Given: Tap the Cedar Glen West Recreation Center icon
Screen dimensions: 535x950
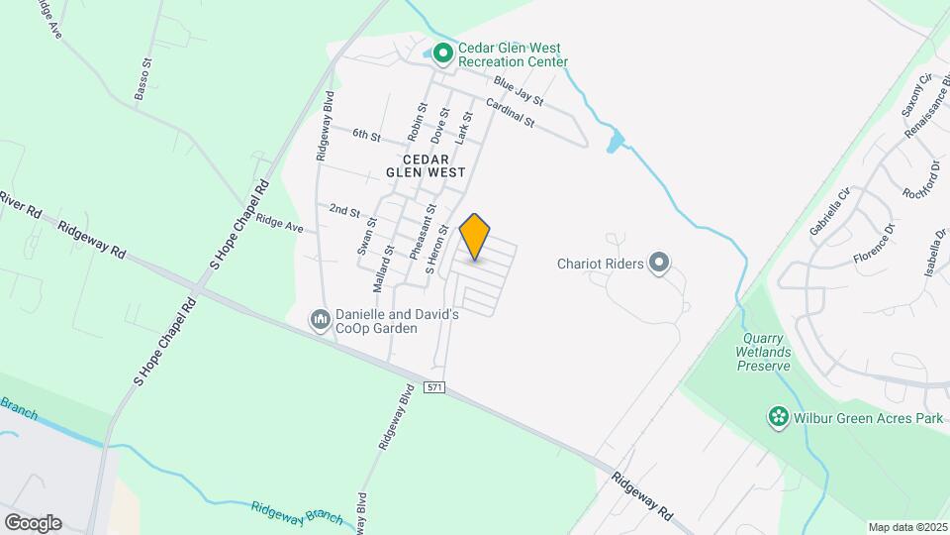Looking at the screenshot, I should pyautogui.click(x=444, y=52).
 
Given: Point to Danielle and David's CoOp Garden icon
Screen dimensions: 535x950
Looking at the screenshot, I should pyautogui.click(x=320, y=319).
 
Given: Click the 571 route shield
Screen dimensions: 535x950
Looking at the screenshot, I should pyautogui.click(x=435, y=385).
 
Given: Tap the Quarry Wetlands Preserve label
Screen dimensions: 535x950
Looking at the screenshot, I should pyautogui.click(x=763, y=352).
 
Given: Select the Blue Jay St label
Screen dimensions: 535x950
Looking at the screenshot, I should pyautogui.click(x=519, y=91).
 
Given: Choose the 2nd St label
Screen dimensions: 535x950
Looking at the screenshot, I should pyautogui.click(x=344, y=210).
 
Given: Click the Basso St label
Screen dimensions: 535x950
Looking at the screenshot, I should pyautogui.click(x=143, y=79).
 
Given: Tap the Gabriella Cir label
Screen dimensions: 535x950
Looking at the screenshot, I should pyautogui.click(x=829, y=215).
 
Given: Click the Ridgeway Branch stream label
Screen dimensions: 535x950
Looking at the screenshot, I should pyautogui.click(x=297, y=511).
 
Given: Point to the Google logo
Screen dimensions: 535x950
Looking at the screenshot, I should pyautogui.click(x=33, y=522).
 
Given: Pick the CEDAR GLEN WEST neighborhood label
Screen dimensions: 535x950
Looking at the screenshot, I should pyautogui.click(x=427, y=165).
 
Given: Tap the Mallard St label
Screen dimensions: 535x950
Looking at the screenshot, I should pyautogui.click(x=389, y=266).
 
